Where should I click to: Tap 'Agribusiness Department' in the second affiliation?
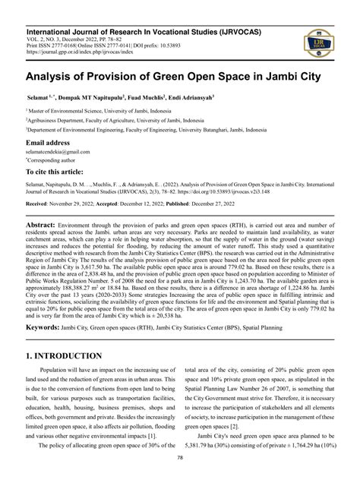pos(65,119)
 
